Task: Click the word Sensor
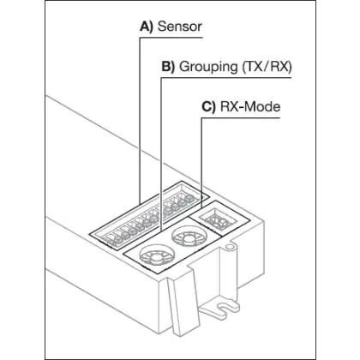click(180, 27)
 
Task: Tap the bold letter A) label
click(147, 27)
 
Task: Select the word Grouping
click(208, 67)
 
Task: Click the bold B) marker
click(168, 67)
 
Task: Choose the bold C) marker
click(208, 107)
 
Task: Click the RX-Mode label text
click(250, 107)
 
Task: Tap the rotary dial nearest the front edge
click(157, 255)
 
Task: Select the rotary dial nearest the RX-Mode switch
click(189, 237)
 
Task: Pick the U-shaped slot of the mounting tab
click(225, 308)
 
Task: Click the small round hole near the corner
click(228, 246)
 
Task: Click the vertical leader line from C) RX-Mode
click(201, 163)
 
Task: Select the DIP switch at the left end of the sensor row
click(111, 240)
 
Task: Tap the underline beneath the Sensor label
click(171, 38)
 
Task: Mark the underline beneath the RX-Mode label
click(241, 117)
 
